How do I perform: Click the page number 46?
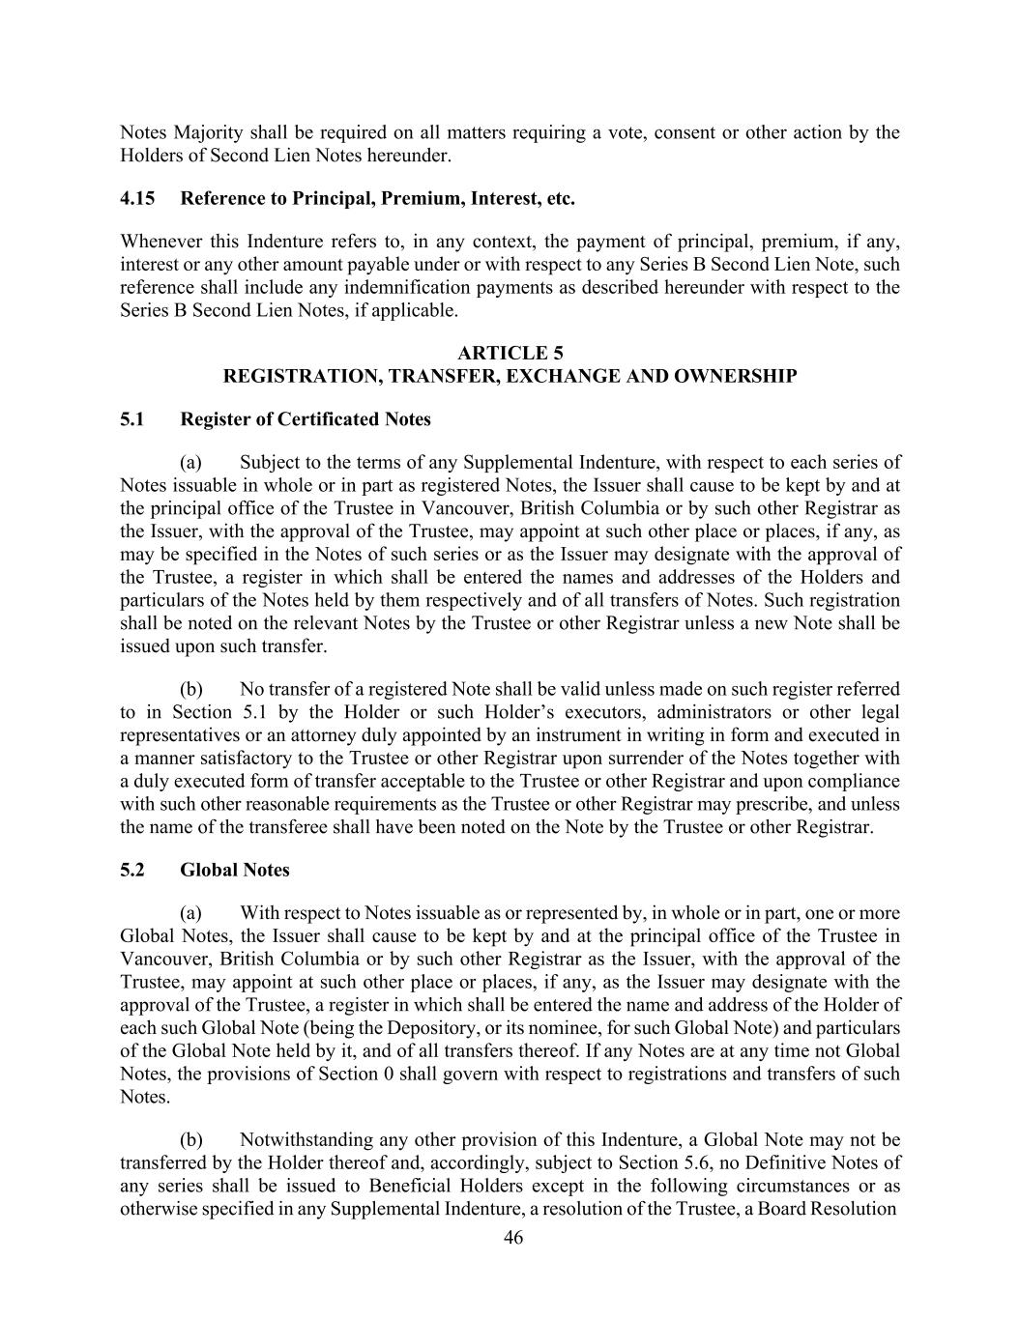tap(513, 1238)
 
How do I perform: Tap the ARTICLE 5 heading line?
tap(510, 354)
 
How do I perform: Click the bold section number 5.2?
tap(132, 870)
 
